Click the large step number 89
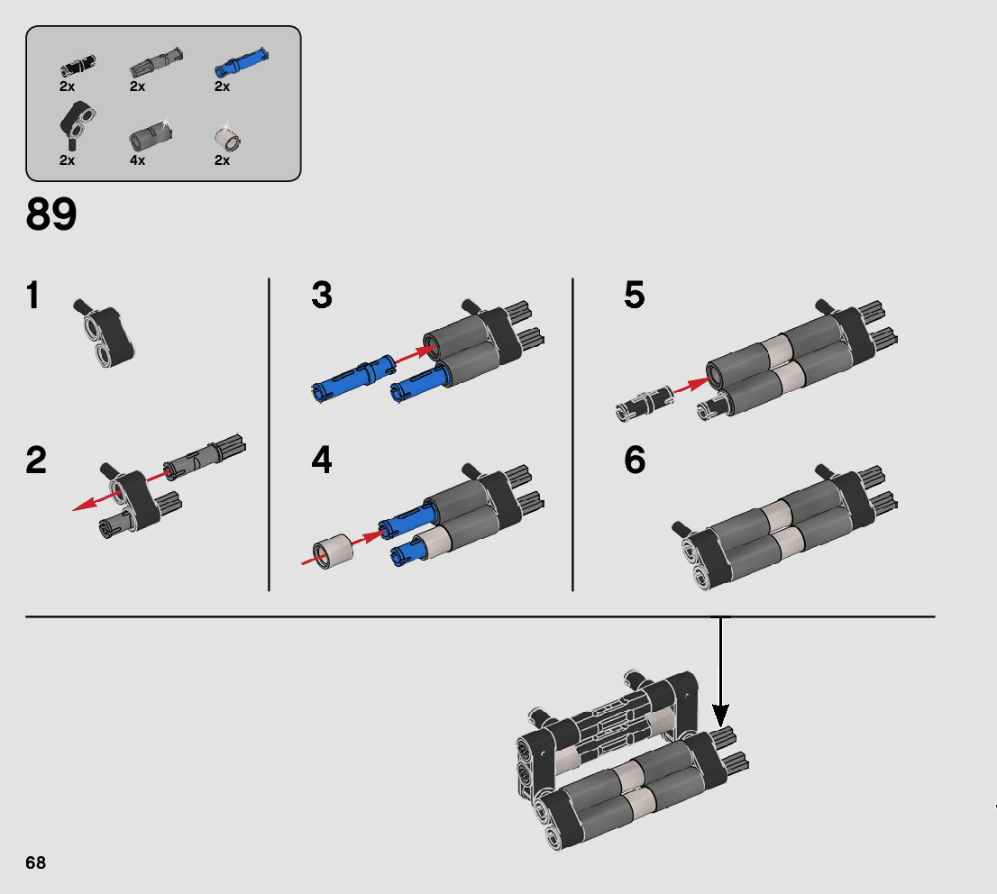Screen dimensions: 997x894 50,214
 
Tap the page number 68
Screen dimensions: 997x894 36,862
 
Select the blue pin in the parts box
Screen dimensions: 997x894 241,62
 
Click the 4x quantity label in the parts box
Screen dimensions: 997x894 137,160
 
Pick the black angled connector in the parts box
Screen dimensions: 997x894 77,125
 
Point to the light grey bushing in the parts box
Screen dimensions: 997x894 228,136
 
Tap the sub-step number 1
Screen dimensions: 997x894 33,295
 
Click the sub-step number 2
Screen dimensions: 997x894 36,461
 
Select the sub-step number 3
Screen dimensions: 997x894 322,295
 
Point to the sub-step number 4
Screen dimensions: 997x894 322,461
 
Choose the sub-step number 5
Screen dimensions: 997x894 635,295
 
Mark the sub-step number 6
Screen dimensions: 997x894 635,461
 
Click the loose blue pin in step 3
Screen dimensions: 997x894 354,379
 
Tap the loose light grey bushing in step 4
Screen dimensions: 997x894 333,551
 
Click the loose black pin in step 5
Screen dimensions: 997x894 645,403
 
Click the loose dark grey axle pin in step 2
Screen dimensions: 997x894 204,455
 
